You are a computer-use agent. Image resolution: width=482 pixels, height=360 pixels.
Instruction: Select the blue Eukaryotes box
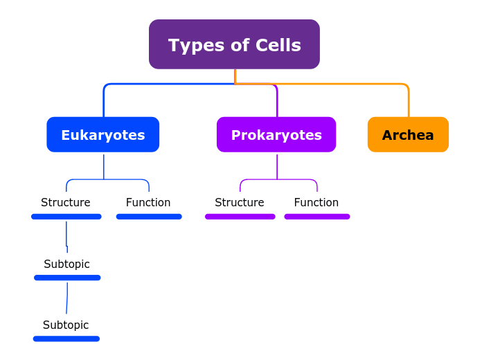click(102, 134)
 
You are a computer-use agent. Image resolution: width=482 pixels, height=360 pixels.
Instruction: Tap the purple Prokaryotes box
click(276, 134)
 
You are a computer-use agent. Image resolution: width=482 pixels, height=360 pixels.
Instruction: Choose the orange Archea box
click(408, 134)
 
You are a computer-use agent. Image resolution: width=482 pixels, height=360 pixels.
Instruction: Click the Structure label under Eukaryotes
click(66, 203)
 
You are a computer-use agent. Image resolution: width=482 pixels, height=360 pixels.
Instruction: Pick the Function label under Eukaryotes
click(148, 203)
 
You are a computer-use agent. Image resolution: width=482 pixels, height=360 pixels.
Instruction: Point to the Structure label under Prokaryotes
click(240, 203)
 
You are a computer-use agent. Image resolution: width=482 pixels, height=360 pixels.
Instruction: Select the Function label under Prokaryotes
click(316, 203)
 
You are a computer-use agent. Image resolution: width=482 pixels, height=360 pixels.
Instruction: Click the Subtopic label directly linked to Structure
click(66, 264)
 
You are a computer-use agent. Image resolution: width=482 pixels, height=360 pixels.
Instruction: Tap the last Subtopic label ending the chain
click(66, 325)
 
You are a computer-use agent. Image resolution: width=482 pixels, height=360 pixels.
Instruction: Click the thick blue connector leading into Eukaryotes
click(104, 100)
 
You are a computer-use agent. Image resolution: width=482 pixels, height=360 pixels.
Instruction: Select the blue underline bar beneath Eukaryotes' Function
click(149, 217)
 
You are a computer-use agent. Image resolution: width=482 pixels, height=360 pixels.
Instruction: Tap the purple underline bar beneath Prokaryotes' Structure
click(240, 217)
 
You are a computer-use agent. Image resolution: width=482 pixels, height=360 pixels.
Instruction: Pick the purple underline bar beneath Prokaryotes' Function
click(317, 217)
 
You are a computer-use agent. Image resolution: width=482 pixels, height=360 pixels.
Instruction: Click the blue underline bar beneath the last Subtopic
click(66, 339)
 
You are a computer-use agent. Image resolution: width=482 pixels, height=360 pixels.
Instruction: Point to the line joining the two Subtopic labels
click(67, 298)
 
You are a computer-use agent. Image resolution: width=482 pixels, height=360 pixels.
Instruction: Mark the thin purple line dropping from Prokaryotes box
click(277, 166)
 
